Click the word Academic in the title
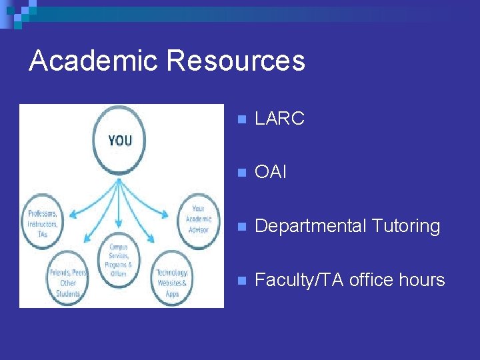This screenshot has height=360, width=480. [94, 61]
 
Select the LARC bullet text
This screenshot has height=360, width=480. [279, 119]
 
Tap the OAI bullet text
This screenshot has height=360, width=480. [271, 173]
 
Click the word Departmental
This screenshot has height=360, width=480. [309, 227]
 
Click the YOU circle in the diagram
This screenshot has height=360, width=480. [120, 141]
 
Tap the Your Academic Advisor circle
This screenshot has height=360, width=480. [198, 219]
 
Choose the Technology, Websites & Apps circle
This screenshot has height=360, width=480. [173, 279]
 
